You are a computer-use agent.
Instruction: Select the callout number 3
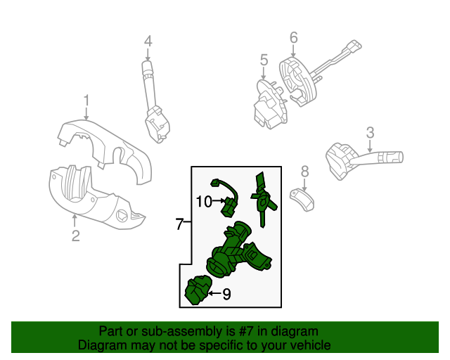tap(370, 131)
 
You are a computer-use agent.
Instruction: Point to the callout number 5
tap(264, 60)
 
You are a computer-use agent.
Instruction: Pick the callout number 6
tap(293, 37)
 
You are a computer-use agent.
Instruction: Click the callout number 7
tap(180, 224)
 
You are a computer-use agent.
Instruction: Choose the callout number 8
tap(304, 171)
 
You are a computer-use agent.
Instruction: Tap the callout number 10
tap(204, 202)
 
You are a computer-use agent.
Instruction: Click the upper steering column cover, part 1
tap(105, 148)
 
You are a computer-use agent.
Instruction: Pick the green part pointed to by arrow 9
tap(197, 292)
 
